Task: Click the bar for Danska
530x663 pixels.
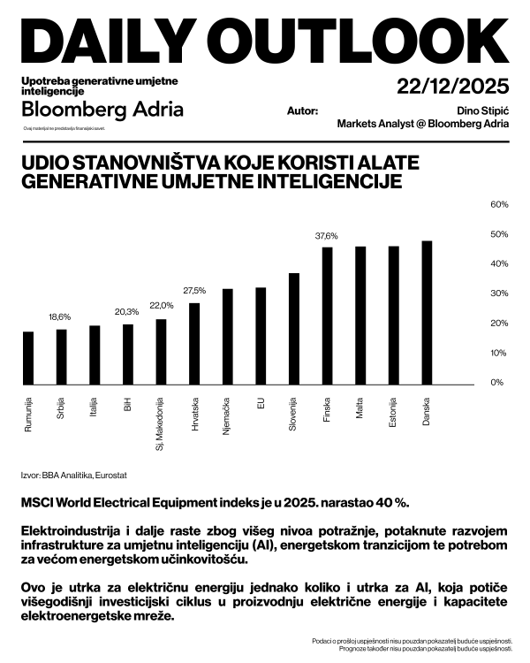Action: click(427, 313)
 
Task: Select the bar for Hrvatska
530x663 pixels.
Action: click(194, 344)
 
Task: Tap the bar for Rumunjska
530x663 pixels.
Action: click(28, 358)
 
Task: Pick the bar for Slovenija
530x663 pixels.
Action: click(294, 329)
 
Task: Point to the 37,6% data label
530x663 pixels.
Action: click(327, 237)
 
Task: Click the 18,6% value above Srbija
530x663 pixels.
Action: click(60, 316)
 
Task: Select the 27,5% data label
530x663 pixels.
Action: click(194, 291)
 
